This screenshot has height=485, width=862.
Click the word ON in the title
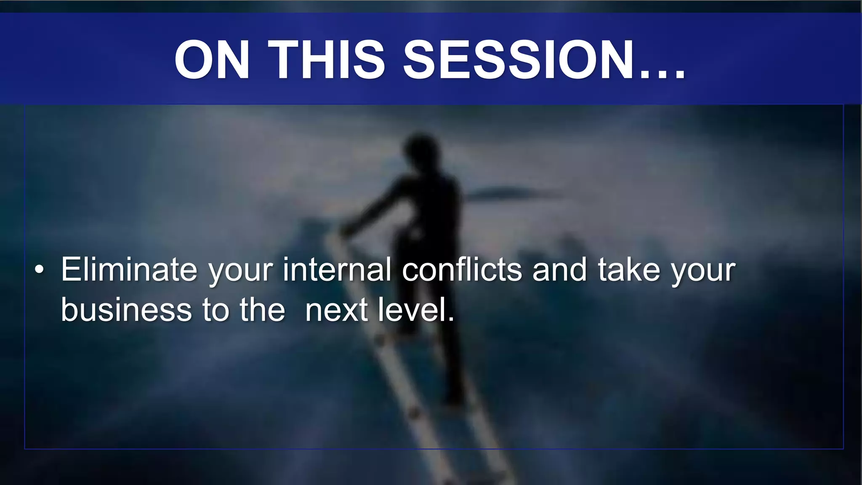212,59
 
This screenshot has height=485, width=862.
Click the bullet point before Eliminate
39,270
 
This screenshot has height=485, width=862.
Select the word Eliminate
129,269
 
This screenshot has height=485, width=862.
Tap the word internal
337,269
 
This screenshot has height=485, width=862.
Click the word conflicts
462,269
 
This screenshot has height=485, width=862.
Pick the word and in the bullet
559,269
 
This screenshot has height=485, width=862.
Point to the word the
262,310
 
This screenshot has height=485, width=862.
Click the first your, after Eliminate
241,272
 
